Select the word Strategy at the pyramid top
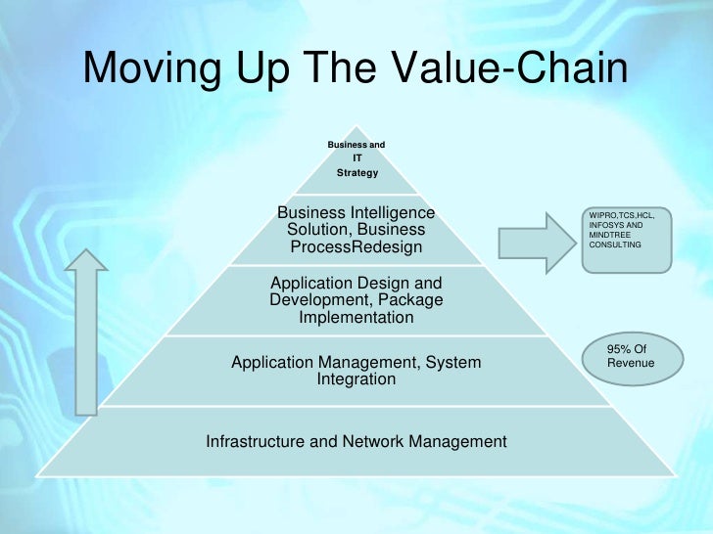[x=356, y=173]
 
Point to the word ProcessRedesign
[x=356, y=246]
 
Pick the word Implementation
[x=356, y=317]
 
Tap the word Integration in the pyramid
[x=356, y=379]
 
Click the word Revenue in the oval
[x=631, y=363]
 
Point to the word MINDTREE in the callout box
[x=609, y=235]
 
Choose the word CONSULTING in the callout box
[x=615, y=245]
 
